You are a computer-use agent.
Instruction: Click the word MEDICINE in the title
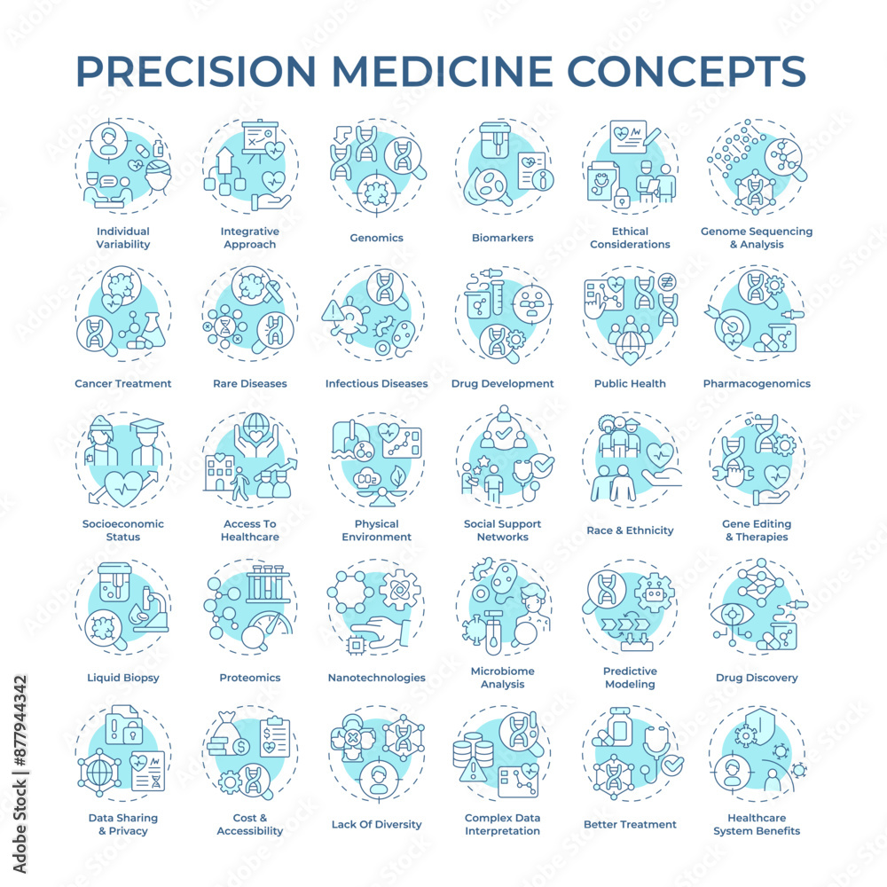click(442, 71)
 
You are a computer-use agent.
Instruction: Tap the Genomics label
click(376, 238)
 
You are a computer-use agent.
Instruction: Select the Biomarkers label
click(502, 238)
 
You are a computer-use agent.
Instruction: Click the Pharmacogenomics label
click(757, 383)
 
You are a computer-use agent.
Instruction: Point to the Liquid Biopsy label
click(122, 678)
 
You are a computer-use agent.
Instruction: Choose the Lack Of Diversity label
click(376, 824)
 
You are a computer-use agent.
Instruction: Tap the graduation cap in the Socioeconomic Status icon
click(146, 424)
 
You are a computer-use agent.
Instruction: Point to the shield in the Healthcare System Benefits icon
click(760, 730)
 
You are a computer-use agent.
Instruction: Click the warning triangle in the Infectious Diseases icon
click(334, 311)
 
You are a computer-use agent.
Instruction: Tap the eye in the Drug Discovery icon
click(733, 615)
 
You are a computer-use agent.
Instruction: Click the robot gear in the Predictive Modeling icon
click(654, 593)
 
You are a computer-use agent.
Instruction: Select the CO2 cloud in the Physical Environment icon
click(369, 478)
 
